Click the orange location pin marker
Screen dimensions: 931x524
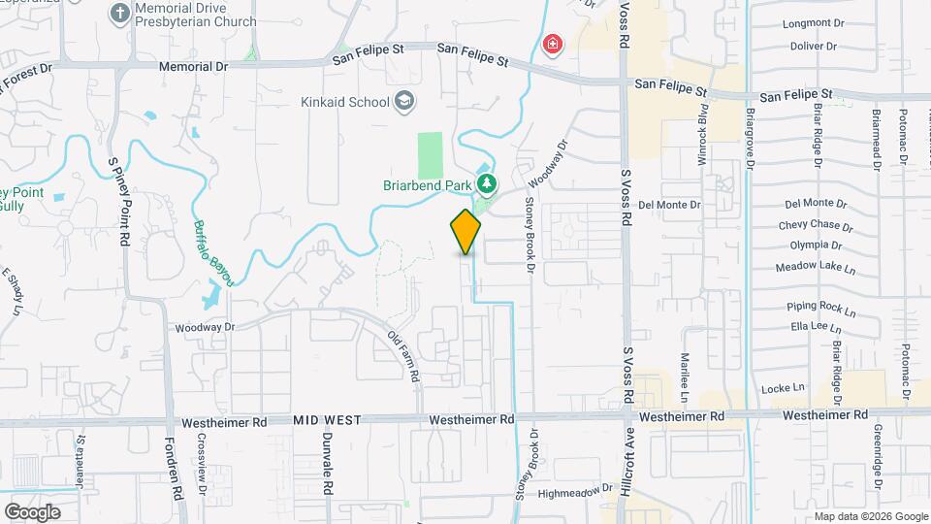point(465,231)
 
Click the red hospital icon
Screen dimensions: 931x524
point(553,45)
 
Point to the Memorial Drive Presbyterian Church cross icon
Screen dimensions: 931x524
point(119,14)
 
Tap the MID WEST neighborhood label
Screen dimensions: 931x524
point(327,420)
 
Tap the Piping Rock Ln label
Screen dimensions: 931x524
point(821,310)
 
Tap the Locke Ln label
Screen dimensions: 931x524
point(785,387)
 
